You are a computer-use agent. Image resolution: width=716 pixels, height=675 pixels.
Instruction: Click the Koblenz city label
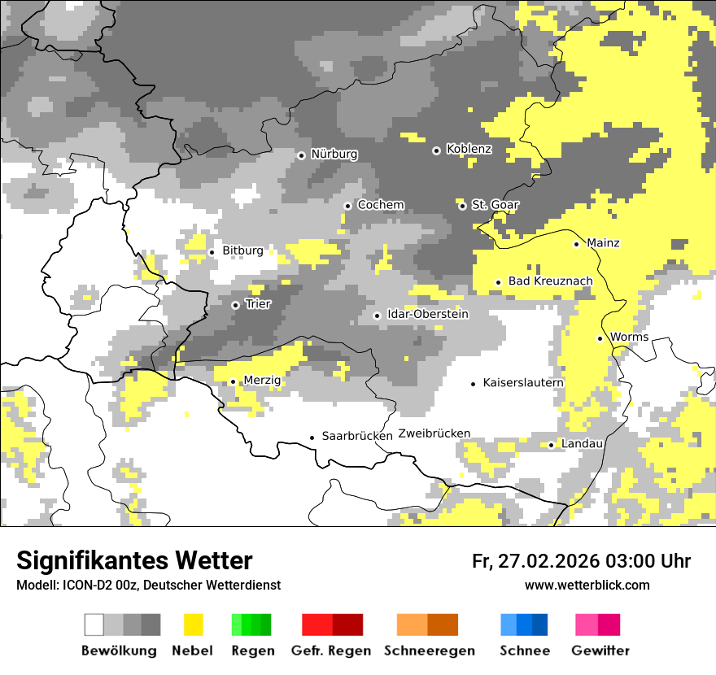(x=469, y=150)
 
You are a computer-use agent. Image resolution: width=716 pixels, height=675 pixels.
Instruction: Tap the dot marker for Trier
(x=235, y=305)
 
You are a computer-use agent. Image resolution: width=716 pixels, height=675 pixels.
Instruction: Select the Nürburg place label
(x=334, y=155)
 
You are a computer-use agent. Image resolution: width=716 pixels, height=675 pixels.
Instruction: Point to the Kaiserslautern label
(x=523, y=383)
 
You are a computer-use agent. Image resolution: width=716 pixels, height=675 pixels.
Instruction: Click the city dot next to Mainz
(x=576, y=244)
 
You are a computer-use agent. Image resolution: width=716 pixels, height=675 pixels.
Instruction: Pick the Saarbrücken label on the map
(x=357, y=437)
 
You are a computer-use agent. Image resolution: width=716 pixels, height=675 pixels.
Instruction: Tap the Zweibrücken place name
(x=434, y=433)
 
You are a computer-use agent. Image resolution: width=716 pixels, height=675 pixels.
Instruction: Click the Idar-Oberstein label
(x=428, y=315)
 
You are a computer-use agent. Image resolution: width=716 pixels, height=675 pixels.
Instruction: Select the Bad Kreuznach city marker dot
(x=498, y=282)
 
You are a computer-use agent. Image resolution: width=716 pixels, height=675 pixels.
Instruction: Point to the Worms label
(x=629, y=337)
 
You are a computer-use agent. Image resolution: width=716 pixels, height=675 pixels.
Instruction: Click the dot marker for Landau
(x=551, y=445)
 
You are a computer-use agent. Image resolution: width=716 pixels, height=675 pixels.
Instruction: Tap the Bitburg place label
(x=242, y=251)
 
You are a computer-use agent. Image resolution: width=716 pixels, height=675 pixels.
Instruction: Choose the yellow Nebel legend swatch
(x=193, y=625)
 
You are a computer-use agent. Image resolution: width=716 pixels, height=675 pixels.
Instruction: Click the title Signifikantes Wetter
(x=134, y=561)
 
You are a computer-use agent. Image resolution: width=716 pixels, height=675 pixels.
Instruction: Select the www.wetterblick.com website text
(x=587, y=586)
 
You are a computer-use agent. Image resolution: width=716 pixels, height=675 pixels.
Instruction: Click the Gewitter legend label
(x=600, y=651)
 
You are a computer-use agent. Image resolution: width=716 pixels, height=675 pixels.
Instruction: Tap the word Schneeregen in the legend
(x=429, y=651)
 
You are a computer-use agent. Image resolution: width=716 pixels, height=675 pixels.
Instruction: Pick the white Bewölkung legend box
(x=94, y=625)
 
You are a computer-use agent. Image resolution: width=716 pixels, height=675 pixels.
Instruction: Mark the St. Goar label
(x=495, y=205)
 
